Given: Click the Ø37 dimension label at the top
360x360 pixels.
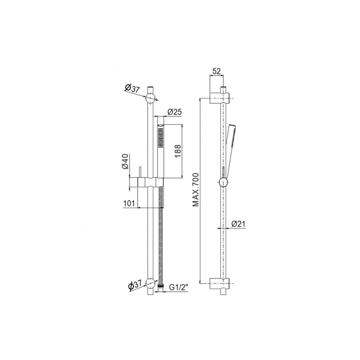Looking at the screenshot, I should (132, 88).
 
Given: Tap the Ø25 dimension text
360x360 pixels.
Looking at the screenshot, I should (174, 112).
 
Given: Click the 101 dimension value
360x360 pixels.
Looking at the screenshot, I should (130, 204).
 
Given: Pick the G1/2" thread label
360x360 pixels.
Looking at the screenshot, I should (178, 288).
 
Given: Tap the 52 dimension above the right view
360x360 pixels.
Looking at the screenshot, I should (216, 71).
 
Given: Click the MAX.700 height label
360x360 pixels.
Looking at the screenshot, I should (196, 189).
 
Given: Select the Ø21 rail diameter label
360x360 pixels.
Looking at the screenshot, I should (238, 224).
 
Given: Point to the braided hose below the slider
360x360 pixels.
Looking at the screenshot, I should (162, 233).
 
